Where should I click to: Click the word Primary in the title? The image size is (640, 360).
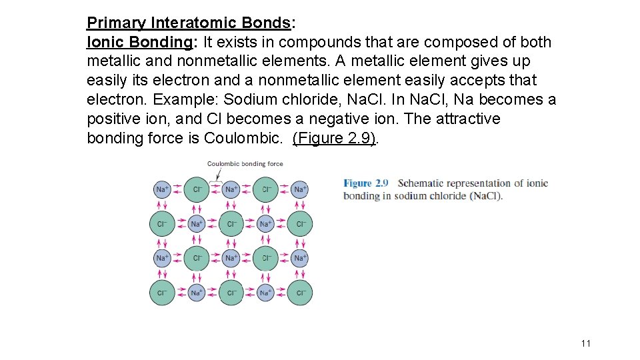tap(116, 23)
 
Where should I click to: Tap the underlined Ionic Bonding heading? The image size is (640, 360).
tap(139, 42)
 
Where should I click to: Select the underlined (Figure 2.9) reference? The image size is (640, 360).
tap(334, 138)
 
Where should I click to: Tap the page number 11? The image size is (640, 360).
tap(586, 343)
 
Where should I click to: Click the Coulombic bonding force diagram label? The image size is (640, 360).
tap(245, 164)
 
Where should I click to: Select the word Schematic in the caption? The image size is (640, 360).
tap(421, 183)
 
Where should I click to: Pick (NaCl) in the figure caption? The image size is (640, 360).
tap(485, 196)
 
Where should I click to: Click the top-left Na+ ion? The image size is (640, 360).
tap(162, 189)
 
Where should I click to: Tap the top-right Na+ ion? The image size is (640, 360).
tap(300, 189)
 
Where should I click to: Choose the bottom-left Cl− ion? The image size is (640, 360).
tap(162, 293)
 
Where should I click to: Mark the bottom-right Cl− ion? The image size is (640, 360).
tap(300, 293)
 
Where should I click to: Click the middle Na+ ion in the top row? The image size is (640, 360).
tap(231, 189)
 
